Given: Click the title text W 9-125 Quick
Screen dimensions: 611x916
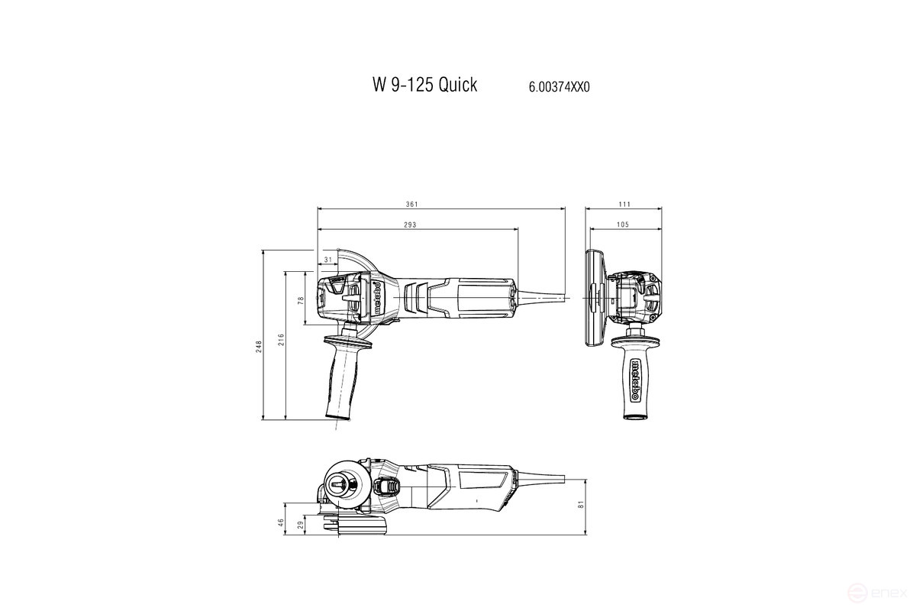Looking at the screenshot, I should [424, 85].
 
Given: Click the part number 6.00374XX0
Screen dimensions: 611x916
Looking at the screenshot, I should [559, 87].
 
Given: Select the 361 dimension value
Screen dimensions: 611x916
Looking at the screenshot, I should [411, 204].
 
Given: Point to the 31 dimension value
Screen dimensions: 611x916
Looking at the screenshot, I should [328, 260].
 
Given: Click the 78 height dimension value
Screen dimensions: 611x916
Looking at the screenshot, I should [301, 301].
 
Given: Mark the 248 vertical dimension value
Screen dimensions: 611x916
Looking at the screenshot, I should [258, 345].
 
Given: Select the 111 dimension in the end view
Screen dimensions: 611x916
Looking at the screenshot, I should [624, 204].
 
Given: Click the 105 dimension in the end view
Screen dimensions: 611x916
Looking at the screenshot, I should [622, 225].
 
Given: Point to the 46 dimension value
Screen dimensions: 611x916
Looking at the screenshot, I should [281, 522].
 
